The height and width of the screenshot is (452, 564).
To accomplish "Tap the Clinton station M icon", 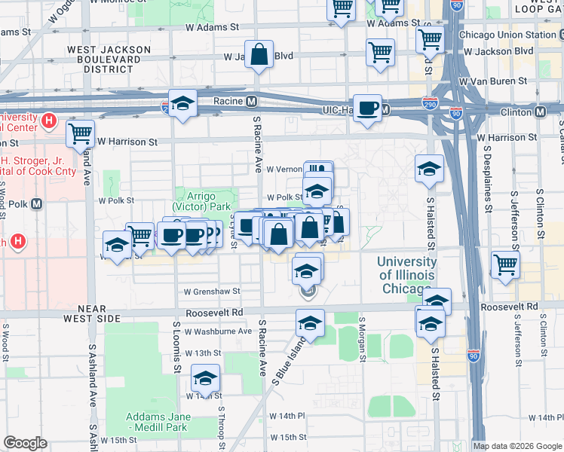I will (x=540, y=111).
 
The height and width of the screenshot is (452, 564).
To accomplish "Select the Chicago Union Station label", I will (x=496, y=35).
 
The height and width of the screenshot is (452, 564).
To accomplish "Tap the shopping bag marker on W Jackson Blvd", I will (x=259, y=54).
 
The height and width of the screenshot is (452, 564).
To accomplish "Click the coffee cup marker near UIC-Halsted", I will (x=367, y=107).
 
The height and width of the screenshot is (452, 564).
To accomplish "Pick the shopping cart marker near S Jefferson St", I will (x=504, y=264).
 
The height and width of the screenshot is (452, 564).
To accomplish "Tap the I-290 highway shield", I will (x=431, y=102).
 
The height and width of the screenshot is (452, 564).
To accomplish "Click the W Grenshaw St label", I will (x=212, y=291).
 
